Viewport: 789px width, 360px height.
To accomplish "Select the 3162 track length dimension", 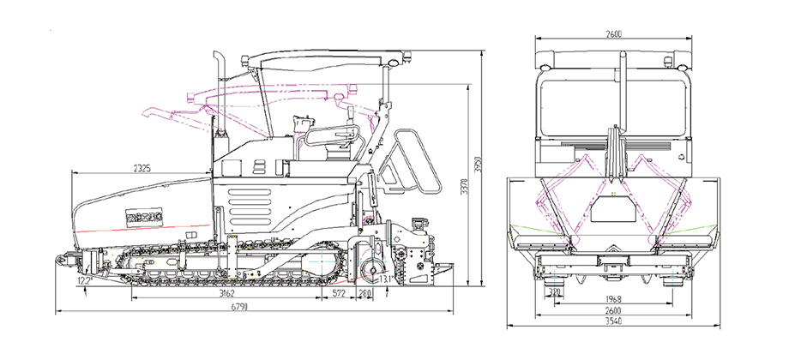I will click(x=227, y=294).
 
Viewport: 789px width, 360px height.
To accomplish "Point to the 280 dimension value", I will click(x=366, y=294).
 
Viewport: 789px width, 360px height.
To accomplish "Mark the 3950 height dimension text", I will click(x=481, y=165).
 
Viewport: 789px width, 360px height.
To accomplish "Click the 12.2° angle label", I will click(x=84, y=280).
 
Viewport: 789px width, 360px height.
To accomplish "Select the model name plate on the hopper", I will click(x=140, y=215).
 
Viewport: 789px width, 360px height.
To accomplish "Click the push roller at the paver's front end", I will click(x=64, y=258).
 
